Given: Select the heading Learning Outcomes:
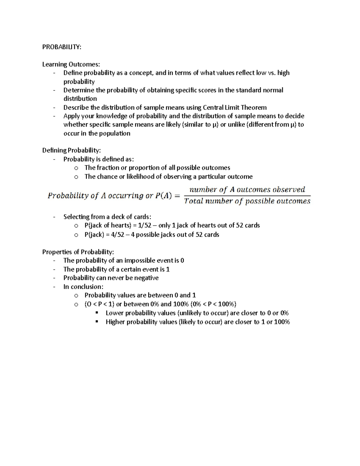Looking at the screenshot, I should (x=71, y=64).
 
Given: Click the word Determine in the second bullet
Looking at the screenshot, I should (x=76, y=90).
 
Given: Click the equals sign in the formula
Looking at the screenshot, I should (x=177, y=196).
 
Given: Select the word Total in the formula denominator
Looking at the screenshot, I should (x=193, y=201).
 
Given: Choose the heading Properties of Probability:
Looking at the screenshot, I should (x=78, y=252).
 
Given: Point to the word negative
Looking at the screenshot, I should (x=146, y=278).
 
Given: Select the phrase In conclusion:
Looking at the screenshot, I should (x=83, y=287).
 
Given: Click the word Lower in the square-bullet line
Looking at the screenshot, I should (x=115, y=313).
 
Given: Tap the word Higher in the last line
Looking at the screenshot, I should (x=116, y=322).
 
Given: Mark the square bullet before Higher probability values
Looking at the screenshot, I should (x=97, y=321).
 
